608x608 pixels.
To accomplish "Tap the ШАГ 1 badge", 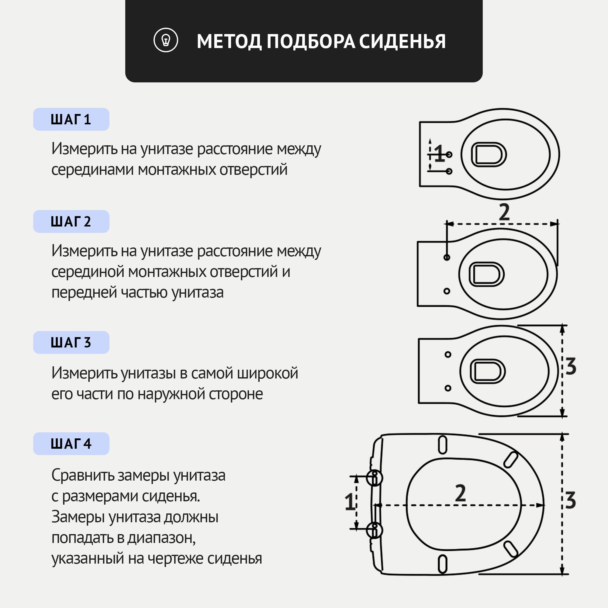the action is point(71,119).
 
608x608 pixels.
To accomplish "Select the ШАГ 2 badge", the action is point(71,222).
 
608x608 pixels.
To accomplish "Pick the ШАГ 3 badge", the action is point(71,342).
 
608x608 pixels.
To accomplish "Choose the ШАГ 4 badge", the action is point(71,444).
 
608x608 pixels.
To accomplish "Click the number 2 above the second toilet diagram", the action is point(504,212).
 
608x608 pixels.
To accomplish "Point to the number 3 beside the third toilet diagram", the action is point(571,366).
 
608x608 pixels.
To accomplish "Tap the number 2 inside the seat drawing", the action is point(460,493).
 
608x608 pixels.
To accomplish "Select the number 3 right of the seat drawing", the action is point(570,500).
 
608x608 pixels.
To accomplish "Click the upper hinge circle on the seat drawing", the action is point(375,478).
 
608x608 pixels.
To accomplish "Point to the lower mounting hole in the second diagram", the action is point(447,291).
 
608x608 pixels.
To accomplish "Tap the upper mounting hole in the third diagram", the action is point(448,355).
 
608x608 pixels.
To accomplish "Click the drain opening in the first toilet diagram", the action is point(489,154).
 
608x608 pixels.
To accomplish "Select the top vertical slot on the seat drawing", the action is point(442,445).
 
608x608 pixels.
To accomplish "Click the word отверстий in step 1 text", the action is point(253,170).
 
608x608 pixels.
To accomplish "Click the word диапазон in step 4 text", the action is point(161,538).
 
